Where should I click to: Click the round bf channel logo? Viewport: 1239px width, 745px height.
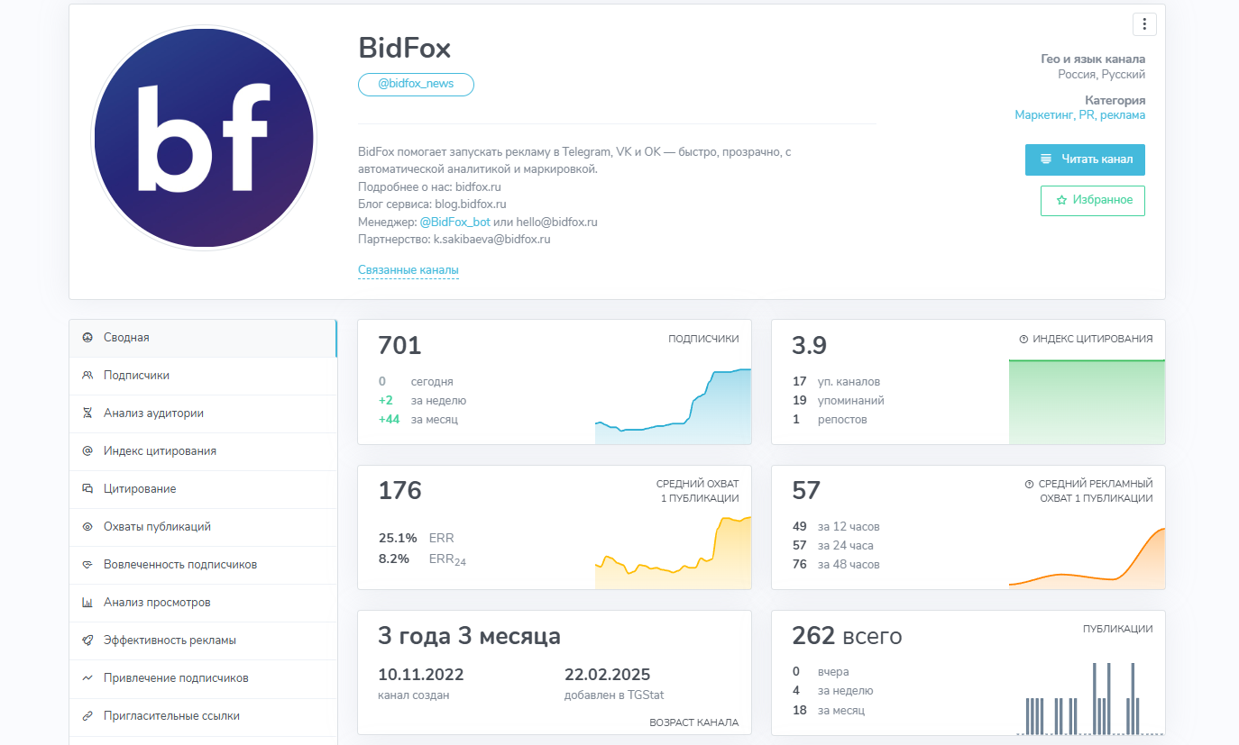click(x=204, y=138)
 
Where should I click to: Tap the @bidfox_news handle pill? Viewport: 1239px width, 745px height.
click(x=416, y=84)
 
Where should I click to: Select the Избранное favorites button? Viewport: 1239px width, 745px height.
click(x=1093, y=200)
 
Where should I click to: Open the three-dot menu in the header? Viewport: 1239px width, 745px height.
click(x=1144, y=24)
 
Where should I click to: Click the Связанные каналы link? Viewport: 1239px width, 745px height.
click(x=408, y=270)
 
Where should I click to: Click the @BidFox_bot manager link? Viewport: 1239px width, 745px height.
click(x=455, y=222)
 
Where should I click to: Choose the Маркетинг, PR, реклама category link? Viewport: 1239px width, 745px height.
click(x=1079, y=115)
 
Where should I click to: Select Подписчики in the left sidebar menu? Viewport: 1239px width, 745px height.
click(x=136, y=376)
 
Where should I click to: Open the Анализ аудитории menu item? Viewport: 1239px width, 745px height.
click(x=153, y=413)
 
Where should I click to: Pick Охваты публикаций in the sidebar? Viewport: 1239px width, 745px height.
click(x=157, y=527)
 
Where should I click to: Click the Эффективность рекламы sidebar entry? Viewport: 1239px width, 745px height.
click(x=170, y=641)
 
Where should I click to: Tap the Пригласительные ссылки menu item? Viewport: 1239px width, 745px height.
click(x=171, y=716)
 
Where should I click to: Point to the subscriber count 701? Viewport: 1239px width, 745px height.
click(x=399, y=346)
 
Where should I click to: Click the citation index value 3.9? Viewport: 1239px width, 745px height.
click(x=809, y=346)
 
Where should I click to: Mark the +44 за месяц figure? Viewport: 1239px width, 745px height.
click(x=389, y=419)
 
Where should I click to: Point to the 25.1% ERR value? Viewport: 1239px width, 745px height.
click(x=398, y=538)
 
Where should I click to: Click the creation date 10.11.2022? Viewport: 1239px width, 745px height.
click(x=420, y=675)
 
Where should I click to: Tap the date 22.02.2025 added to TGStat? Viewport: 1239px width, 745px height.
click(x=607, y=675)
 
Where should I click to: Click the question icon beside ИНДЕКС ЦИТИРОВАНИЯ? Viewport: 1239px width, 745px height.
click(x=1023, y=340)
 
